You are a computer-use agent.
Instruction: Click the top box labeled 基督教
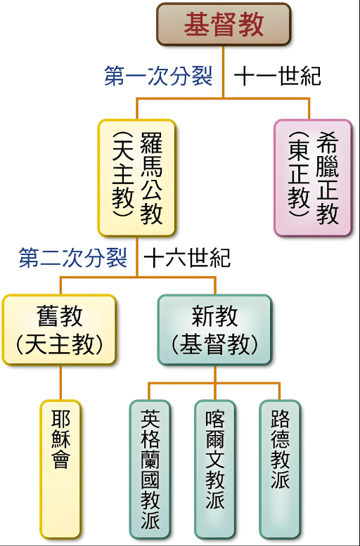point(224,25)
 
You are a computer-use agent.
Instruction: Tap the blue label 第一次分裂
point(159,76)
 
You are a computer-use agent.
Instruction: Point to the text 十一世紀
point(278,76)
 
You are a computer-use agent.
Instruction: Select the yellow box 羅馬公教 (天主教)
point(136,178)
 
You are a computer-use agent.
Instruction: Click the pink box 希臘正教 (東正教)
point(313,178)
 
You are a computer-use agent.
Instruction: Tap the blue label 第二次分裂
point(73,258)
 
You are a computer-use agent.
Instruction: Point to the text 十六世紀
point(187,258)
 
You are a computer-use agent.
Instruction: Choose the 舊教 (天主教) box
point(60,330)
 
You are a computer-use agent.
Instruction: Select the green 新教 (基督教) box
point(214,330)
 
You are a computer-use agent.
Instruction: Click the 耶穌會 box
point(60,469)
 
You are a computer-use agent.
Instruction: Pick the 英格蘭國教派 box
point(150,469)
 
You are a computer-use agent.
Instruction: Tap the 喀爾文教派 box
point(214,469)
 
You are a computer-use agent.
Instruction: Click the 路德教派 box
point(280,469)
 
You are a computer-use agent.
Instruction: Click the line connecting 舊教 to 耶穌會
point(60,383)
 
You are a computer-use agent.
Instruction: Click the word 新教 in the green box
point(214,316)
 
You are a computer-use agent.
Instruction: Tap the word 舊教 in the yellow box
point(60,316)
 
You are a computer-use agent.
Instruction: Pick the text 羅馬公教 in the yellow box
point(151,178)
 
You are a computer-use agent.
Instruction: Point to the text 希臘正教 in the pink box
point(328,178)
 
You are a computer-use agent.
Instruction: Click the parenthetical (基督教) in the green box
point(214,345)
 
